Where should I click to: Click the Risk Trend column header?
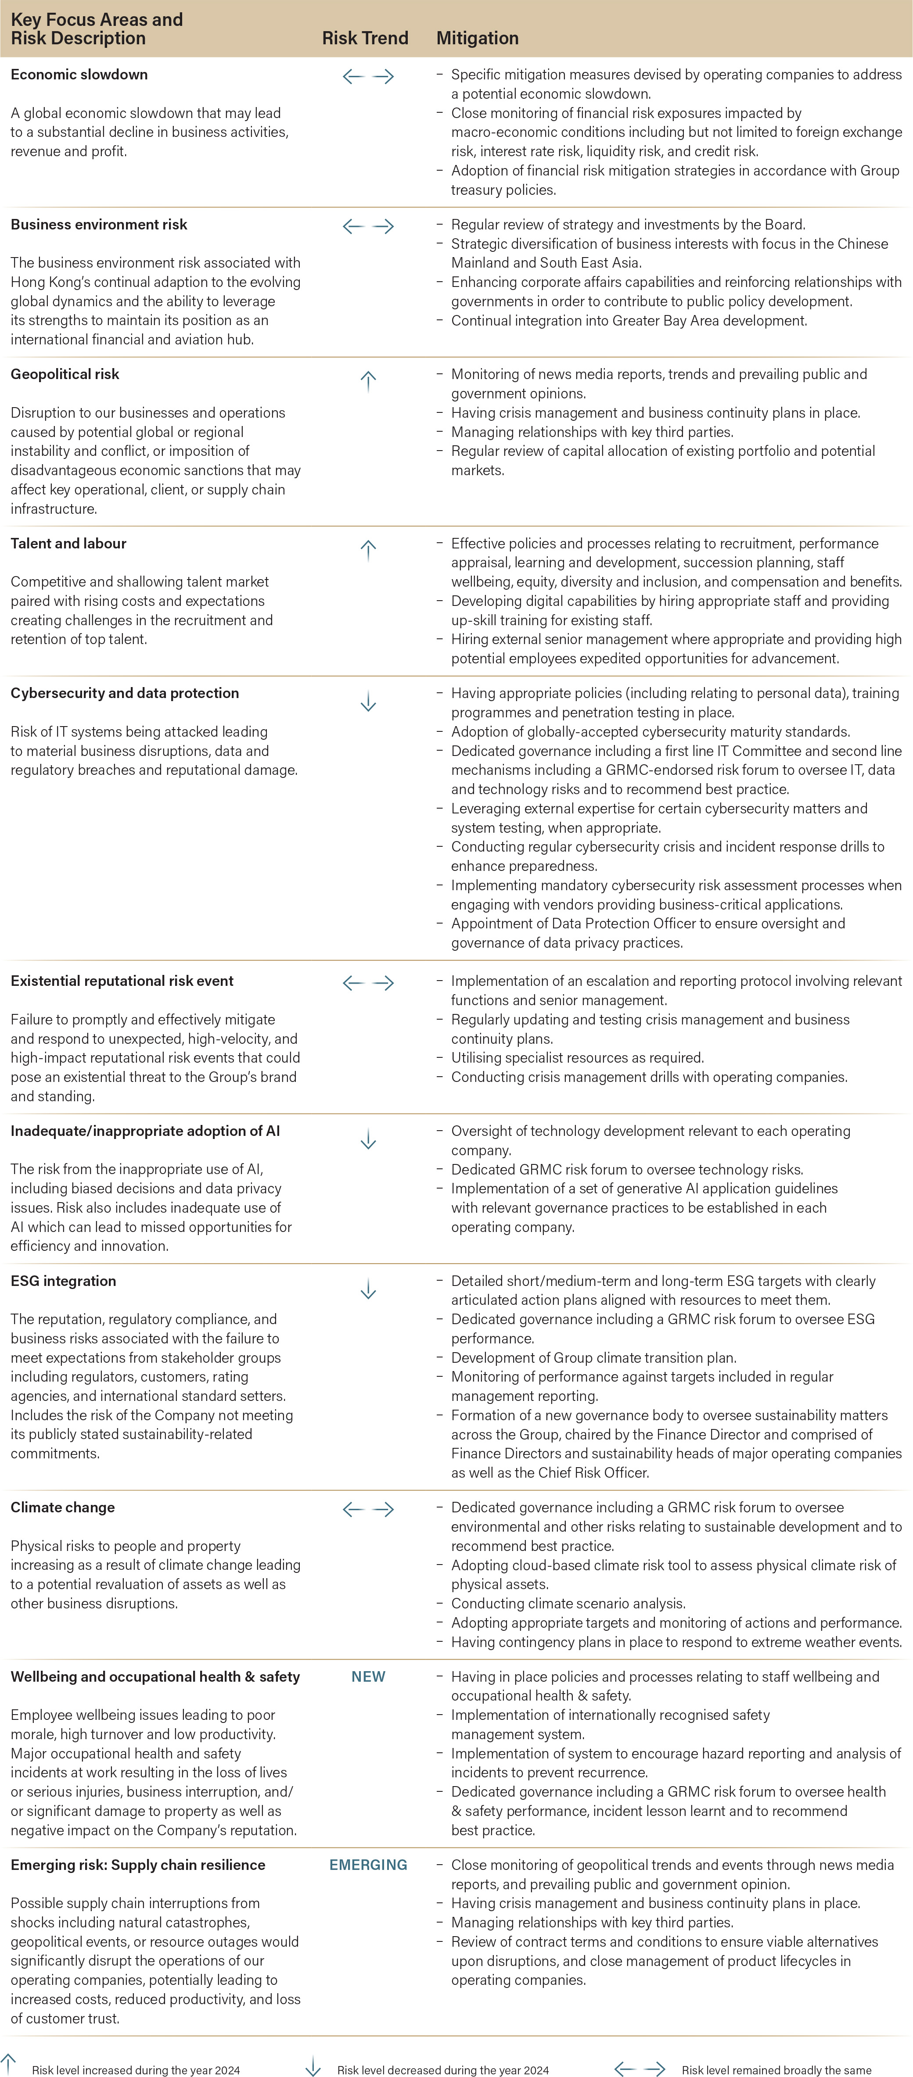click(x=365, y=38)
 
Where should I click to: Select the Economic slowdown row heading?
click(x=79, y=74)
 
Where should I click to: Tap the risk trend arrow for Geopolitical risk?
click(x=368, y=380)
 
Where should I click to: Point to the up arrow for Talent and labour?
click(x=368, y=550)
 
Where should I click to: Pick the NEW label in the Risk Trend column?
click(x=368, y=1676)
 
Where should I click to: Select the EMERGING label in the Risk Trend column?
click(x=368, y=1865)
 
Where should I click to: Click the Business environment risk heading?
click(x=98, y=224)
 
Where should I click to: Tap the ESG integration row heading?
click(x=63, y=1280)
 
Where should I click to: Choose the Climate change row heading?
click(x=62, y=1507)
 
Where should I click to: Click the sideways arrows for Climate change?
click(x=368, y=1508)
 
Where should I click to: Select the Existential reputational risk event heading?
click(x=122, y=981)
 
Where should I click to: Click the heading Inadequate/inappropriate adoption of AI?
click(x=145, y=1131)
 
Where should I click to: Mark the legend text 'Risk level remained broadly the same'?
click(x=776, y=2070)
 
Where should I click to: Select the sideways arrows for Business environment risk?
click(x=368, y=226)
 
